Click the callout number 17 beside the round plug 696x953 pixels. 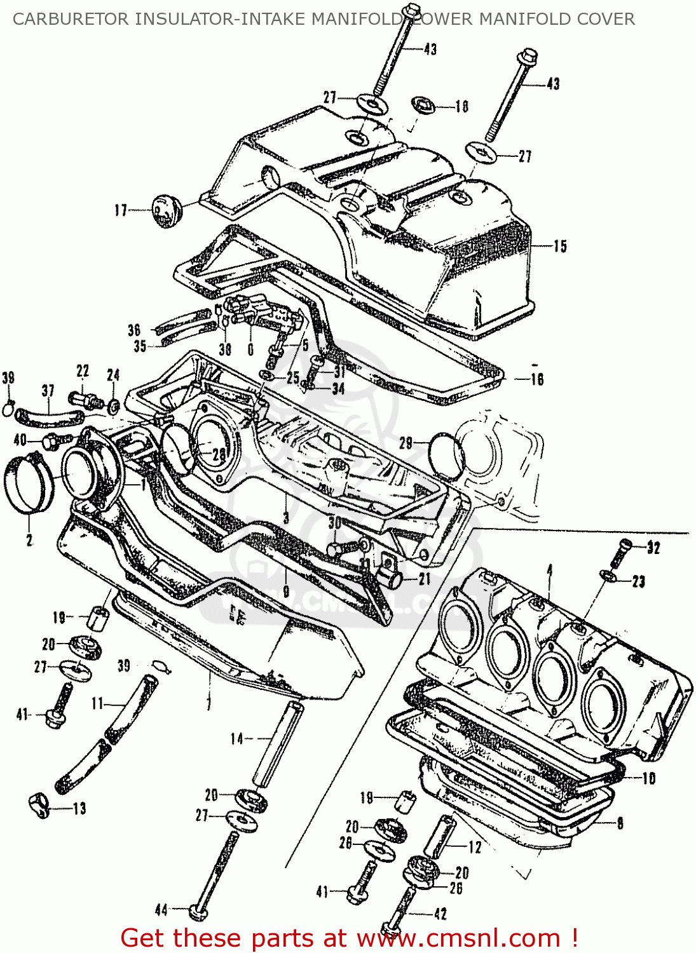[x=121, y=210]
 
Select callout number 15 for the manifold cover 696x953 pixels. [x=559, y=247]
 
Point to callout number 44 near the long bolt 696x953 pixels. [x=161, y=910]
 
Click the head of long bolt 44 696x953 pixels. [x=199, y=913]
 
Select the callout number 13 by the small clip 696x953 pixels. [x=79, y=809]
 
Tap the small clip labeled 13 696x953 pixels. [x=39, y=806]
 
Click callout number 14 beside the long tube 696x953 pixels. [x=237, y=738]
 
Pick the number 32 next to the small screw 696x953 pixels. [x=653, y=548]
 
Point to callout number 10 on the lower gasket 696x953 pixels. [x=648, y=778]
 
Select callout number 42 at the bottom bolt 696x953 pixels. [x=440, y=914]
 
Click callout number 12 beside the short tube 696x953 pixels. [x=475, y=847]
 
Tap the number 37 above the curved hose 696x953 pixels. [x=48, y=391]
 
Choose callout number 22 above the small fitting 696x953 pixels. [x=83, y=371]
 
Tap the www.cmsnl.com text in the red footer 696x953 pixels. [x=458, y=938]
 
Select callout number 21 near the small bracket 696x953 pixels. [x=425, y=579]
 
